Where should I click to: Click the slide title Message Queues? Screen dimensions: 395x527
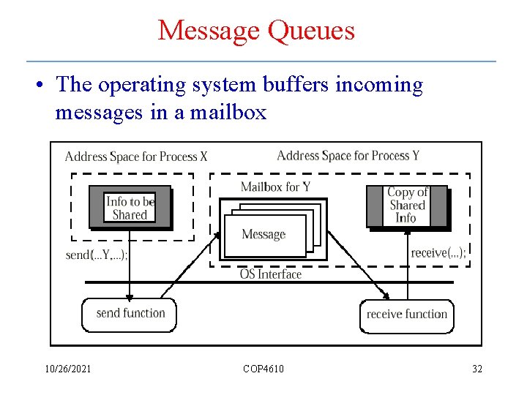click(256, 31)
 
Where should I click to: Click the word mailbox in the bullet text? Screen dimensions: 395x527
click(228, 113)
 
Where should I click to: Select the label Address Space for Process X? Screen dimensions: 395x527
click(136, 157)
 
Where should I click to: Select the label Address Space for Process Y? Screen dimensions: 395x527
click(348, 155)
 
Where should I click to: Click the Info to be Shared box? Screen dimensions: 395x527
click(130, 208)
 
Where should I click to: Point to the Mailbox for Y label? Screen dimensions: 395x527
click(275, 187)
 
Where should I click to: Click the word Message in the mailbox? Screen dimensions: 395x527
click(263, 235)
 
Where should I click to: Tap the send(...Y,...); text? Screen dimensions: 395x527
click(97, 255)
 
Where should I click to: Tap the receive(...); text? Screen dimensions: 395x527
click(438, 253)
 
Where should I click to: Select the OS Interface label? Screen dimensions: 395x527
click(271, 274)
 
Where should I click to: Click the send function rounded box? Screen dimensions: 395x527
click(130, 314)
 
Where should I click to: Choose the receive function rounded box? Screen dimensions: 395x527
click(407, 315)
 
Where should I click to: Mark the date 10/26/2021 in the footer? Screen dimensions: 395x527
click(67, 369)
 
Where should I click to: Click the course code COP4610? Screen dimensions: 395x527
click(263, 369)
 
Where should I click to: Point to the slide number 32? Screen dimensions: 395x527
click(477, 369)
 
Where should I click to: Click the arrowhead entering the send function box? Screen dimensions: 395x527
click(130, 296)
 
